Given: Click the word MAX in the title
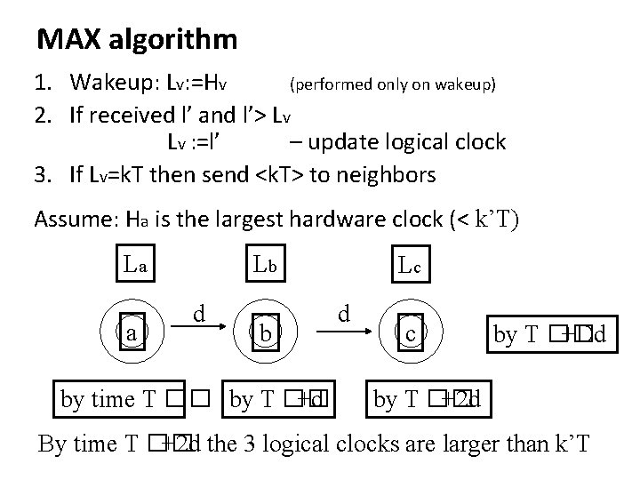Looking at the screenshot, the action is click(68, 40).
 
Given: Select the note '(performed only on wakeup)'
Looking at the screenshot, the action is click(393, 85).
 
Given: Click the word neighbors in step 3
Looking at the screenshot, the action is click(388, 174).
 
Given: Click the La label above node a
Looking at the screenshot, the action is click(139, 263).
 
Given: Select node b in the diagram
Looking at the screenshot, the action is click(265, 334).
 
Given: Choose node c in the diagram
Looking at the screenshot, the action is click(410, 334).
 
